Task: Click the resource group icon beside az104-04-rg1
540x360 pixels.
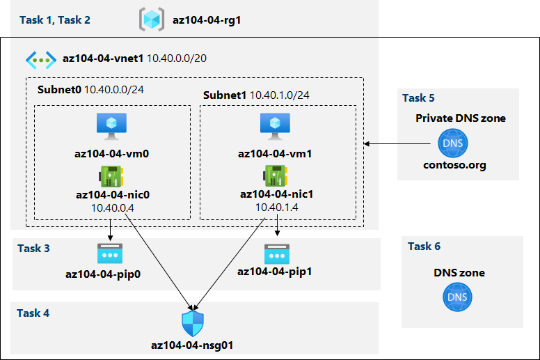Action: (x=151, y=19)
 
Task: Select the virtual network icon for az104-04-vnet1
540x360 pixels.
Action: (x=41, y=58)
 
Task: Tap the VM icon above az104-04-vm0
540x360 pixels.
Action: (x=109, y=125)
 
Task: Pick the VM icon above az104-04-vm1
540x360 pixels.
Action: (x=273, y=125)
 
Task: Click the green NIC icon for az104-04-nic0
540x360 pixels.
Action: (x=111, y=175)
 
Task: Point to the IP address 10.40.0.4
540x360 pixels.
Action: (x=112, y=207)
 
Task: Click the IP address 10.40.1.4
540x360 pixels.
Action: (x=276, y=207)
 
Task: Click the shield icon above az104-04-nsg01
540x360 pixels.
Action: (x=192, y=323)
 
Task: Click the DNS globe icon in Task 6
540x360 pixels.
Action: (x=456, y=297)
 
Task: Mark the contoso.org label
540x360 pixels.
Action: (x=454, y=166)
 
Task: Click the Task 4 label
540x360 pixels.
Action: (x=33, y=313)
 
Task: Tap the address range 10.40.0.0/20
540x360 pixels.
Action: (x=177, y=58)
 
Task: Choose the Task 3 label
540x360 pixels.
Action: (x=33, y=248)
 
